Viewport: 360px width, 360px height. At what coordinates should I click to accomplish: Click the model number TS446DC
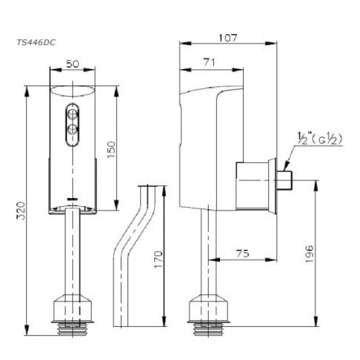36,42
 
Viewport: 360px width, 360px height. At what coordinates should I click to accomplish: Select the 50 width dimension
72,64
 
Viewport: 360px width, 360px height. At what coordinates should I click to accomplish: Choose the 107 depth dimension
228,37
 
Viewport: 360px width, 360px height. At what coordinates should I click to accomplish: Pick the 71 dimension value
211,62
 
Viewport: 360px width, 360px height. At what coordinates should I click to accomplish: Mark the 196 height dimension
310,254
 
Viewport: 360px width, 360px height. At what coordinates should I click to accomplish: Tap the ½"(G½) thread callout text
320,139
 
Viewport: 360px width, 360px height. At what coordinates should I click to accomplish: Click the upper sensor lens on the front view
72,115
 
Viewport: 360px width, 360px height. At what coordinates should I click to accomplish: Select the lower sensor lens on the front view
72,129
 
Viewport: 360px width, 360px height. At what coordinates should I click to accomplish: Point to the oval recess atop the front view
72,91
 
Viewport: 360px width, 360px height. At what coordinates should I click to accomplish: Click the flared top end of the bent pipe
151,187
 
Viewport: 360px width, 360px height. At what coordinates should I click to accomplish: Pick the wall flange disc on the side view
272,186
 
